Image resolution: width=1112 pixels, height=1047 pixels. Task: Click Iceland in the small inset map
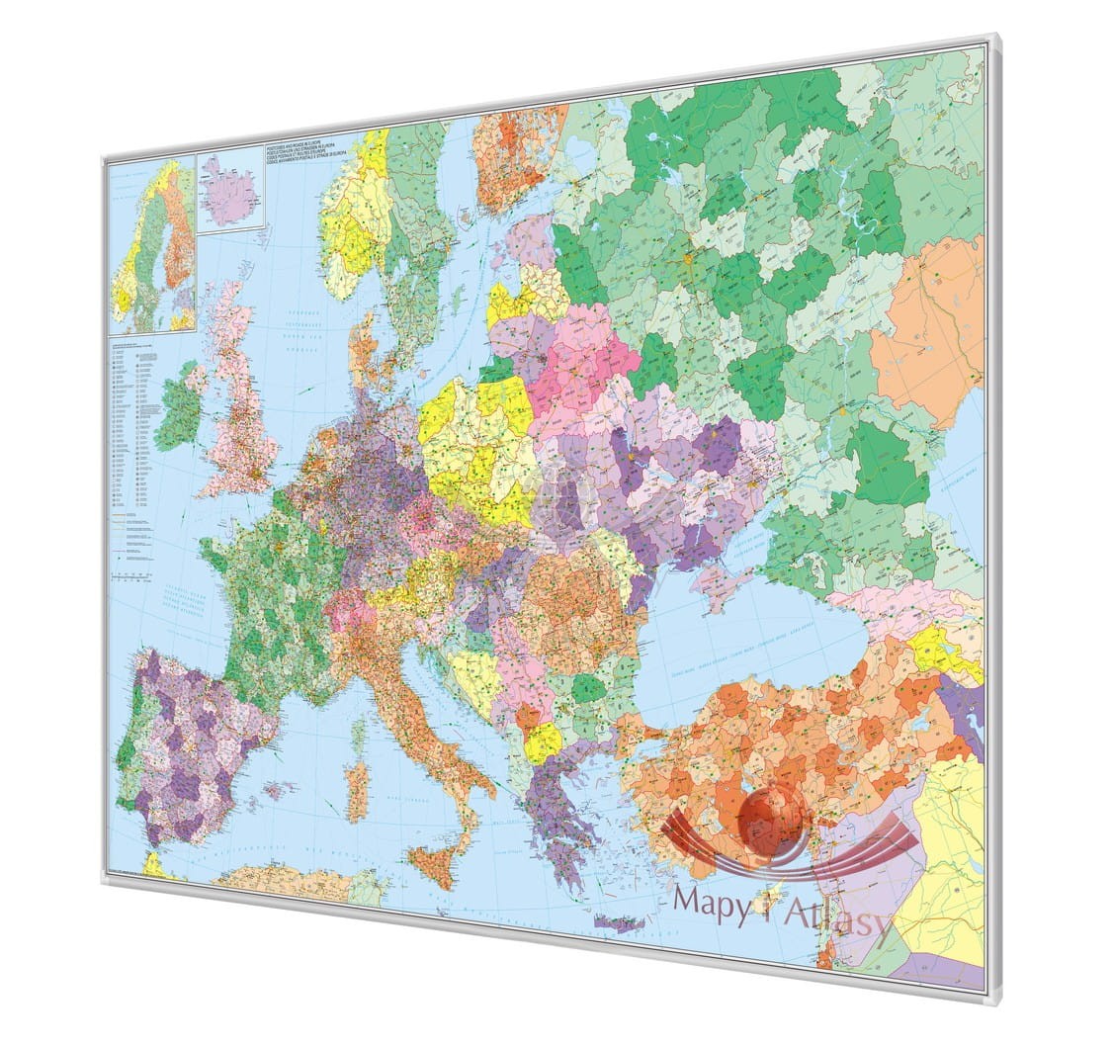[229, 191]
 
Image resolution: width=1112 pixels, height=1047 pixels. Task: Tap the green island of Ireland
[179, 406]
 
